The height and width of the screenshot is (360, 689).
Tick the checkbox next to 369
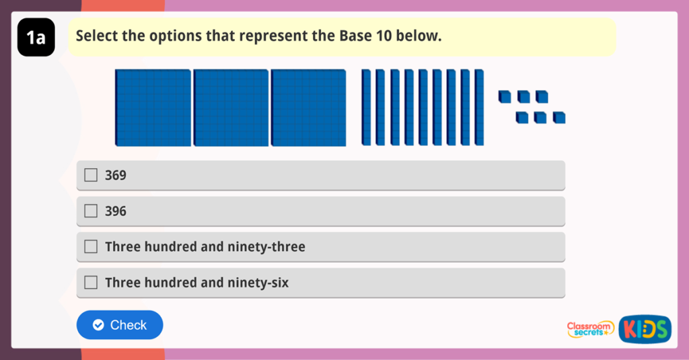tap(91, 176)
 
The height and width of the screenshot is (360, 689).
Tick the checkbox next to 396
tap(91, 211)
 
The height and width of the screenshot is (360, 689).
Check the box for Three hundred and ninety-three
tap(91, 247)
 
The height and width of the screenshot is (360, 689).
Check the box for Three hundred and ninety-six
tap(91, 283)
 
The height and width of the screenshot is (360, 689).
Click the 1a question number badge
tap(36, 38)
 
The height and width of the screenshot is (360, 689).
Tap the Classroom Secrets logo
tap(590, 328)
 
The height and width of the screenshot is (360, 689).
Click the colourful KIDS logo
tap(645, 328)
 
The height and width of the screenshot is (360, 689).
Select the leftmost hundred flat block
tap(153, 108)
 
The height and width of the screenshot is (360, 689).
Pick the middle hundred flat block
tap(231, 108)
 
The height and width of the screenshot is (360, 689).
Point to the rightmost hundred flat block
tap(308, 108)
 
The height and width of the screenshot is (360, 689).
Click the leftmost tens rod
tap(366, 107)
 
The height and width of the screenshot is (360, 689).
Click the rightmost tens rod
tap(479, 107)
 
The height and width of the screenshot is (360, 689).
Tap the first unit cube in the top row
tap(504, 98)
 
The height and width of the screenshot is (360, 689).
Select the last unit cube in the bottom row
tap(559, 118)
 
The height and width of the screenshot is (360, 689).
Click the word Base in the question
tap(328, 36)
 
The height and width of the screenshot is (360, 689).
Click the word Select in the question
tap(97, 36)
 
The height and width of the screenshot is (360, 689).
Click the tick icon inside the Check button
tap(98, 325)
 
